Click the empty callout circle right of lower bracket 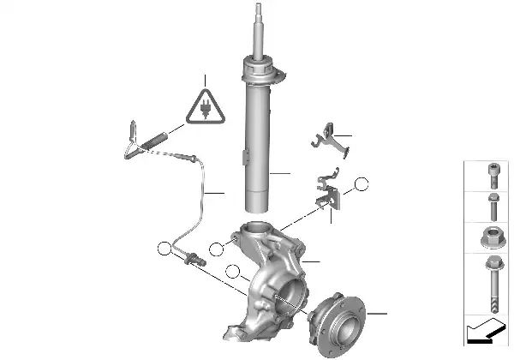coord(362,183)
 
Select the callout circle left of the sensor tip coord(164,249)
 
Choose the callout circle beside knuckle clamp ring coord(215,249)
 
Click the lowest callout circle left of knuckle coord(230,273)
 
